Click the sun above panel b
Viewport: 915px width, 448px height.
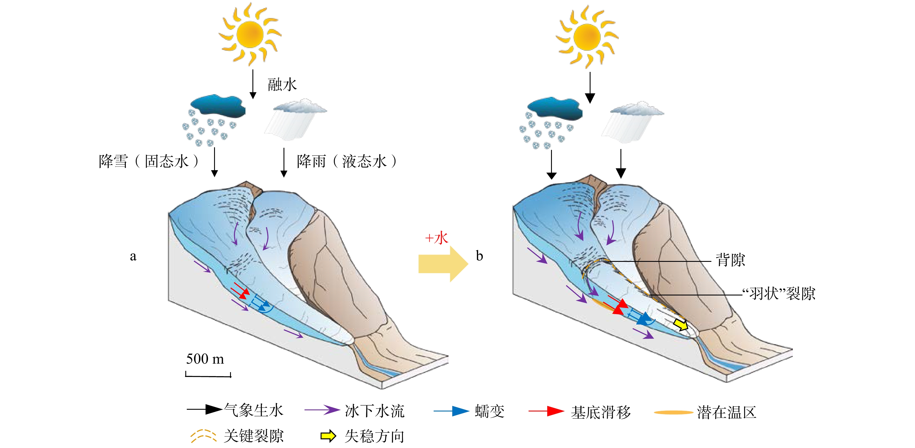pyautogui.click(x=587, y=37)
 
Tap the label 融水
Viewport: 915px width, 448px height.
pyautogui.click(x=282, y=85)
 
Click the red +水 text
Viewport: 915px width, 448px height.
pyautogui.click(x=437, y=238)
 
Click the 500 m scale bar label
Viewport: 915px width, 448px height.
pyautogui.click(x=205, y=359)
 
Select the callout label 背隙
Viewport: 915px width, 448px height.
pyautogui.click(x=730, y=260)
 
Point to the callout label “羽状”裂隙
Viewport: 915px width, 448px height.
pyautogui.click(x=778, y=294)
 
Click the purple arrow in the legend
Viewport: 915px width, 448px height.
pyautogui.click(x=322, y=410)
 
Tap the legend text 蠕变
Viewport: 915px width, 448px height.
pyautogui.click(x=489, y=411)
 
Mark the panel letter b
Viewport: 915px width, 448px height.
pyautogui.click(x=479, y=256)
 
